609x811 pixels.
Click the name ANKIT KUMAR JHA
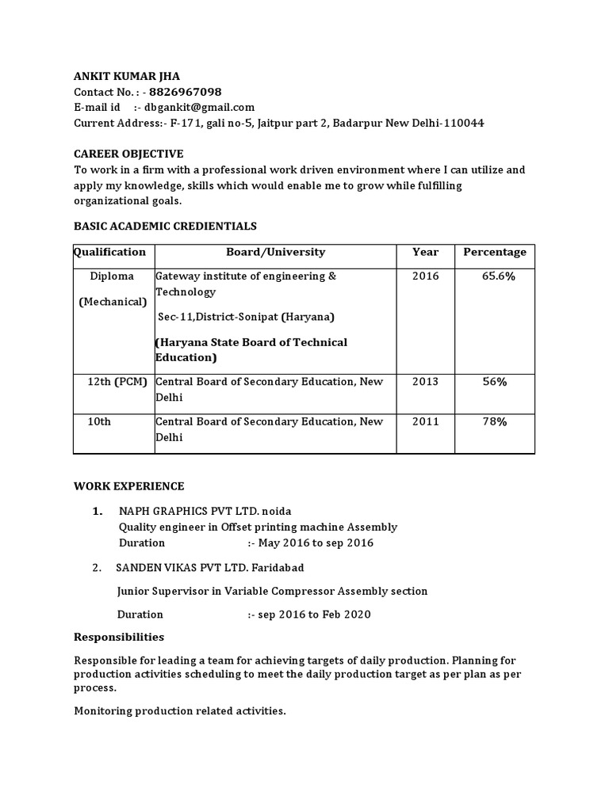pyautogui.click(x=127, y=76)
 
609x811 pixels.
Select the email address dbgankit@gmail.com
pyautogui.click(x=200, y=108)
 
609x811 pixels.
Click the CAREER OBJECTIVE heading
pyautogui.click(x=128, y=154)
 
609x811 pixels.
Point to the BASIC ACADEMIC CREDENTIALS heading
pyautogui.click(x=165, y=226)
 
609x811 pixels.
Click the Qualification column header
pyautogui.click(x=110, y=252)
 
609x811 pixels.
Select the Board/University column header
pyautogui.click(x=275, y=252)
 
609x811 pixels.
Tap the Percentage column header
pyautogui.click(x=495, y=252)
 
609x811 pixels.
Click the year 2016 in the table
pyautogui.click(x=425, y=276)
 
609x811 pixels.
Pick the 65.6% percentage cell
pyautogui.click(x=499, y=276)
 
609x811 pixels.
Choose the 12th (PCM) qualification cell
pyautogui.click(x=117, y=382)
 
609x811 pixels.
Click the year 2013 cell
pyautogui.click(x=425, y=382)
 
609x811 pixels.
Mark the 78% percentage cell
pyautogui.click(x=495, y=421)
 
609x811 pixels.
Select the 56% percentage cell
pyautogui.click(x=495, y=382)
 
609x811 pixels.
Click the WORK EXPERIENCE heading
pyautogui.click(x=128, y=486)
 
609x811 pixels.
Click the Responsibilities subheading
pyautogui.click(x=119, y=637)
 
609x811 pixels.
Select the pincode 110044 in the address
pyautogui.click(x=464, y=123)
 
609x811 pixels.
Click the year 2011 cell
pyautogui.click(x=425, y=421)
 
